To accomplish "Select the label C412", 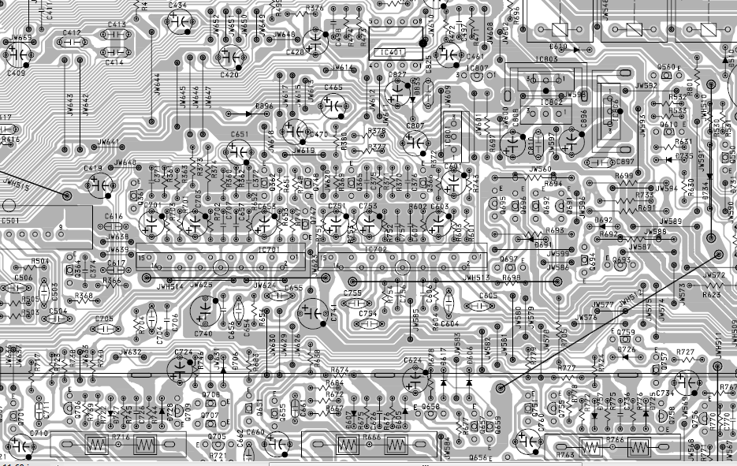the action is (x=72, y=33).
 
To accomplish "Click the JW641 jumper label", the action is (x=109, y=143).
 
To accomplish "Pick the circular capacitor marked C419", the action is (x=102, y=186).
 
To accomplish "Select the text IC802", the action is (x=552, y=102).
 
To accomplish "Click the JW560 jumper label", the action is (x=541, y=170).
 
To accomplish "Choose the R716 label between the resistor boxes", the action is (x=121, y=437).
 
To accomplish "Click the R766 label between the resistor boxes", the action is (x=615, y=439).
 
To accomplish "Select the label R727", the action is (x=685, y=352).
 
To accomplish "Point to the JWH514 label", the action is (x=170, y=285).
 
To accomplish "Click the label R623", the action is (x=711, y=295).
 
